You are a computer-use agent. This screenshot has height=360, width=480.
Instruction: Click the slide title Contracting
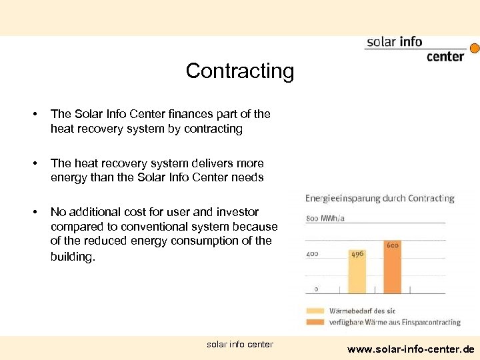[239, 71]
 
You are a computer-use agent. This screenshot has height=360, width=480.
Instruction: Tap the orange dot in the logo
[475, 48]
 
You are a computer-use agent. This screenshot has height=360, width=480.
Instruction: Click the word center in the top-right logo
[445, 57]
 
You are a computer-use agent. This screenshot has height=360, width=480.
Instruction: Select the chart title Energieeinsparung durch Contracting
[379, 198]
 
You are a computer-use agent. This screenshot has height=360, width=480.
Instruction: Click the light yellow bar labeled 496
[357, 273]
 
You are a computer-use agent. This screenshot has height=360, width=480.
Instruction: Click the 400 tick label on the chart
[312, 253]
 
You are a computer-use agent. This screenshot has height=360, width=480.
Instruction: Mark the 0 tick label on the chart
[316, 289]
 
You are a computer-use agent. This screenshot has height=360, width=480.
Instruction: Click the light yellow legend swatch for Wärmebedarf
[315, 310]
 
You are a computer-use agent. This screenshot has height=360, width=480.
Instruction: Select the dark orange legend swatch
[315, 322]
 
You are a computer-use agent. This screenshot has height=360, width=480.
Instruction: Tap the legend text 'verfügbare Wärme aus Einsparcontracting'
[395, 322]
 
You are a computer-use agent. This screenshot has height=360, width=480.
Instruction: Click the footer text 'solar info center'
[240, 345]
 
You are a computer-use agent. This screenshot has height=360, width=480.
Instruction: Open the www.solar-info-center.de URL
[411, 349]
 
